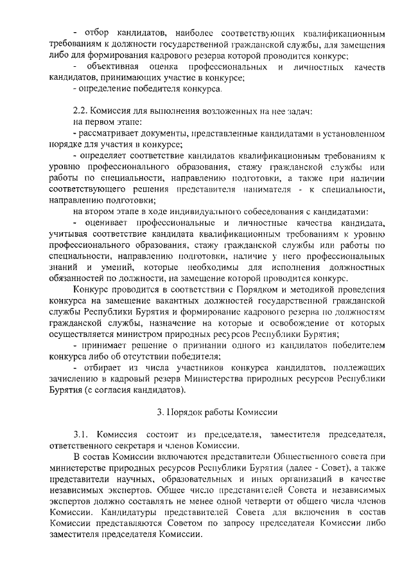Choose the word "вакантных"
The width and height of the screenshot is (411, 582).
point(166,300)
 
